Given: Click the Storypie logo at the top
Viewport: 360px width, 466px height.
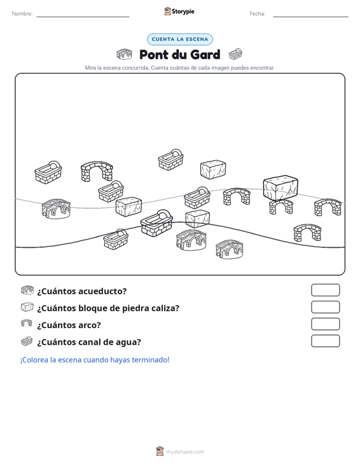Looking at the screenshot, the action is coord(179,11).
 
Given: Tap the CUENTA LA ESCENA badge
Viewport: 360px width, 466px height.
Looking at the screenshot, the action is coord(180,39).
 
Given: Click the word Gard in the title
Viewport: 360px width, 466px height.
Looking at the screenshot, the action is coord(205,55).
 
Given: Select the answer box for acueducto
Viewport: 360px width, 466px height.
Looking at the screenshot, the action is coord(325,290).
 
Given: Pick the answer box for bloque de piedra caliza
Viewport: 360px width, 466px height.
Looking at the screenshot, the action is coord(325,307).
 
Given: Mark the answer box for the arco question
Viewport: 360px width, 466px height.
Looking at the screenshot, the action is coord(325,324).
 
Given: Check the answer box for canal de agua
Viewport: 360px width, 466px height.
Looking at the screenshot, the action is coord(325,341).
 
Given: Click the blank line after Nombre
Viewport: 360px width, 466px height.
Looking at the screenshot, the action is coord(83,17).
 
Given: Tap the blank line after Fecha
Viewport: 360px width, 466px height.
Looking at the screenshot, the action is coord(310,17).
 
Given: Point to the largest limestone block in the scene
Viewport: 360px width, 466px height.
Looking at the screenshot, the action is coord(280,188).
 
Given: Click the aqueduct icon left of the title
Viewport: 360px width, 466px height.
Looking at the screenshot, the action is coord(124,54).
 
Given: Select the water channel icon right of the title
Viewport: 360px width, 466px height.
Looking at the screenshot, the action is coord(235,54).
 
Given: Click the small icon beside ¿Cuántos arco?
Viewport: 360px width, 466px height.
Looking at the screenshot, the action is coord(27,324).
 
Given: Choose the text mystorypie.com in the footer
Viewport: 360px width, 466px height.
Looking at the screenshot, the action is coord(185,452).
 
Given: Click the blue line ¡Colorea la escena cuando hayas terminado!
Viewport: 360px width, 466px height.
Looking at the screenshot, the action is coord(95,360).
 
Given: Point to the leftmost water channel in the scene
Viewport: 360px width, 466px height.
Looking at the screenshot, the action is coord(48,172).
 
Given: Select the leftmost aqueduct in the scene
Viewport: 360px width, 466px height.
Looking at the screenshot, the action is coord(56,209).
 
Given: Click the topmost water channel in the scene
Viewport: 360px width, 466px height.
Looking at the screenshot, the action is coord(170,160).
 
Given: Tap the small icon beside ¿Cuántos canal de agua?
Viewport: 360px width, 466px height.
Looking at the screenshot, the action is coord(27,341).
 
